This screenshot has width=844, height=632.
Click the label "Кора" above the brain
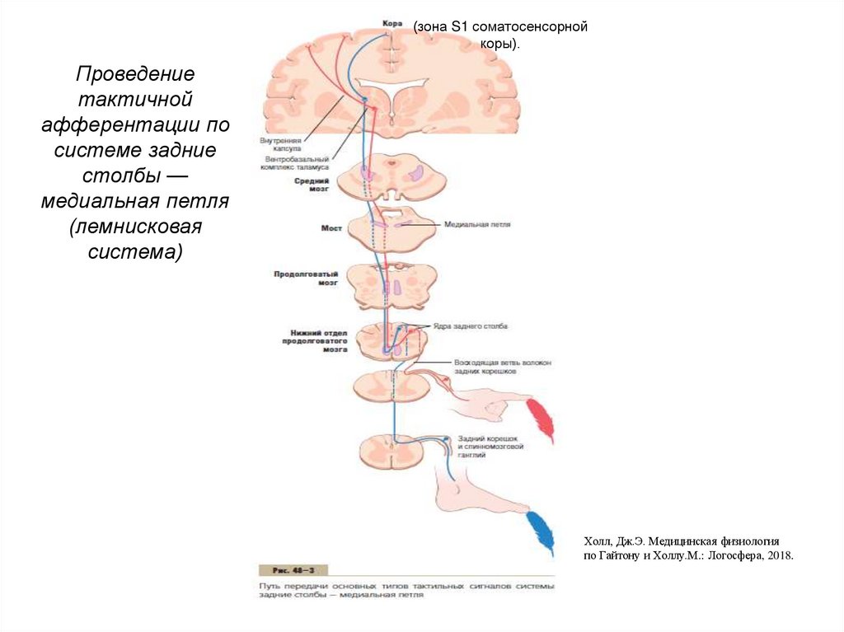pos(392,23)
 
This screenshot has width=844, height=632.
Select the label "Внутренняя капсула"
pos(283,144)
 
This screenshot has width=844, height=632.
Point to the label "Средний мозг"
pos(312,184)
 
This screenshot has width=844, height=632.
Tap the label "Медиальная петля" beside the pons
pos(476,223)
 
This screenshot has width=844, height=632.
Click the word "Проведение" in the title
pos(136,74)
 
